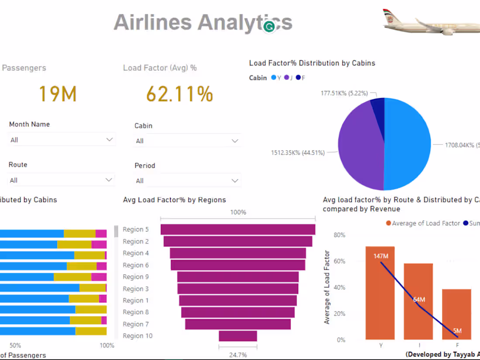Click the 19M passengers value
click(58, 94)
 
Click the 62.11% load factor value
click(179, 94)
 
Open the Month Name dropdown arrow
click(109, 140)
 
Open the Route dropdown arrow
click(109, 180)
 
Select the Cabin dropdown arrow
click(235, 141)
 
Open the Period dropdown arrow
click(235, 181)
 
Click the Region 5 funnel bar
click(238, 230)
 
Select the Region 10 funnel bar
click(238, 336)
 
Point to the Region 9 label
click(136, 277)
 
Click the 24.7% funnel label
click(238, 355)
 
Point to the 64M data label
click(418, 300)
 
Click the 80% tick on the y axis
click(339, 235)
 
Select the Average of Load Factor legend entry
click(422, 223)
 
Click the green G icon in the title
click(270, 27)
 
